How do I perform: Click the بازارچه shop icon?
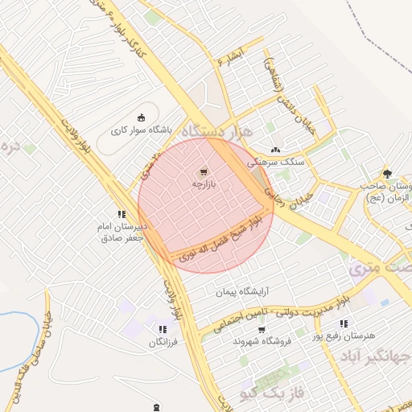tap(203, 172)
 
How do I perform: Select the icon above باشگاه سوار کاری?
tap(142, 117)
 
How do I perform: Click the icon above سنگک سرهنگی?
tap(276, 150)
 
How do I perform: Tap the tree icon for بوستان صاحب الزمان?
tap(387, 173)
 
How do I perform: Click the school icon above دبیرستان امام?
tap(121, 214)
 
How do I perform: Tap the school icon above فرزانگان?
tap(163, 329)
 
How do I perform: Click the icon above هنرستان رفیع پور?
tap(344, 323)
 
